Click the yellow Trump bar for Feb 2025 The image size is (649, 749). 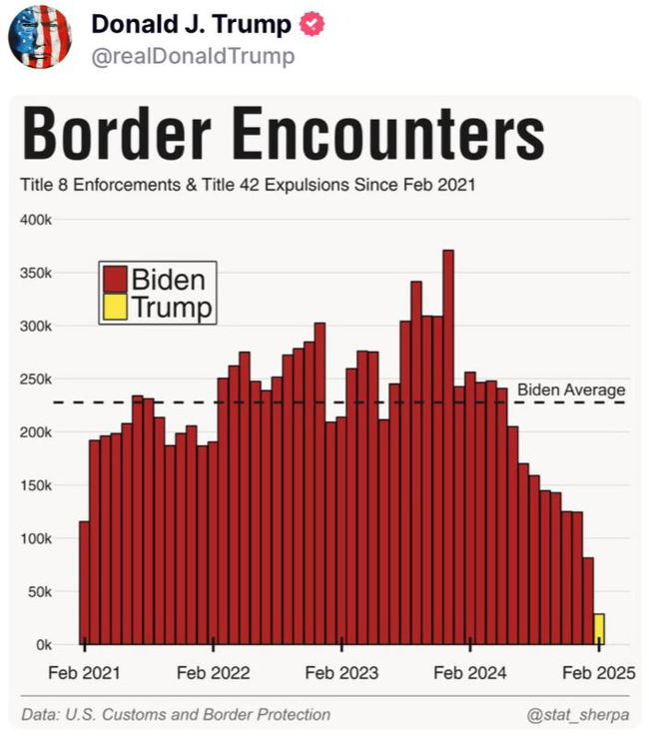tap(598, 629)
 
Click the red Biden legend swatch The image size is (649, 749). tap(115, 279)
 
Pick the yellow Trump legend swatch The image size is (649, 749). tap(115, 308)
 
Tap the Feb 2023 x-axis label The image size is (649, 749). tap(341, 673)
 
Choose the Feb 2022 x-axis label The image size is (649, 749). tap(213, 673)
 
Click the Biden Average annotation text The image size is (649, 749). tap(571, 390)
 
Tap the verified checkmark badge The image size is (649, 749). tap(311, 24)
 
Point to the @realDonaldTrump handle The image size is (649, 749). tap(193, 56)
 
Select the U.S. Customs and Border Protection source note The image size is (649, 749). tap(176, 714)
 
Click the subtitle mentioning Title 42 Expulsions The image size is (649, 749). tap(247, 185)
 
